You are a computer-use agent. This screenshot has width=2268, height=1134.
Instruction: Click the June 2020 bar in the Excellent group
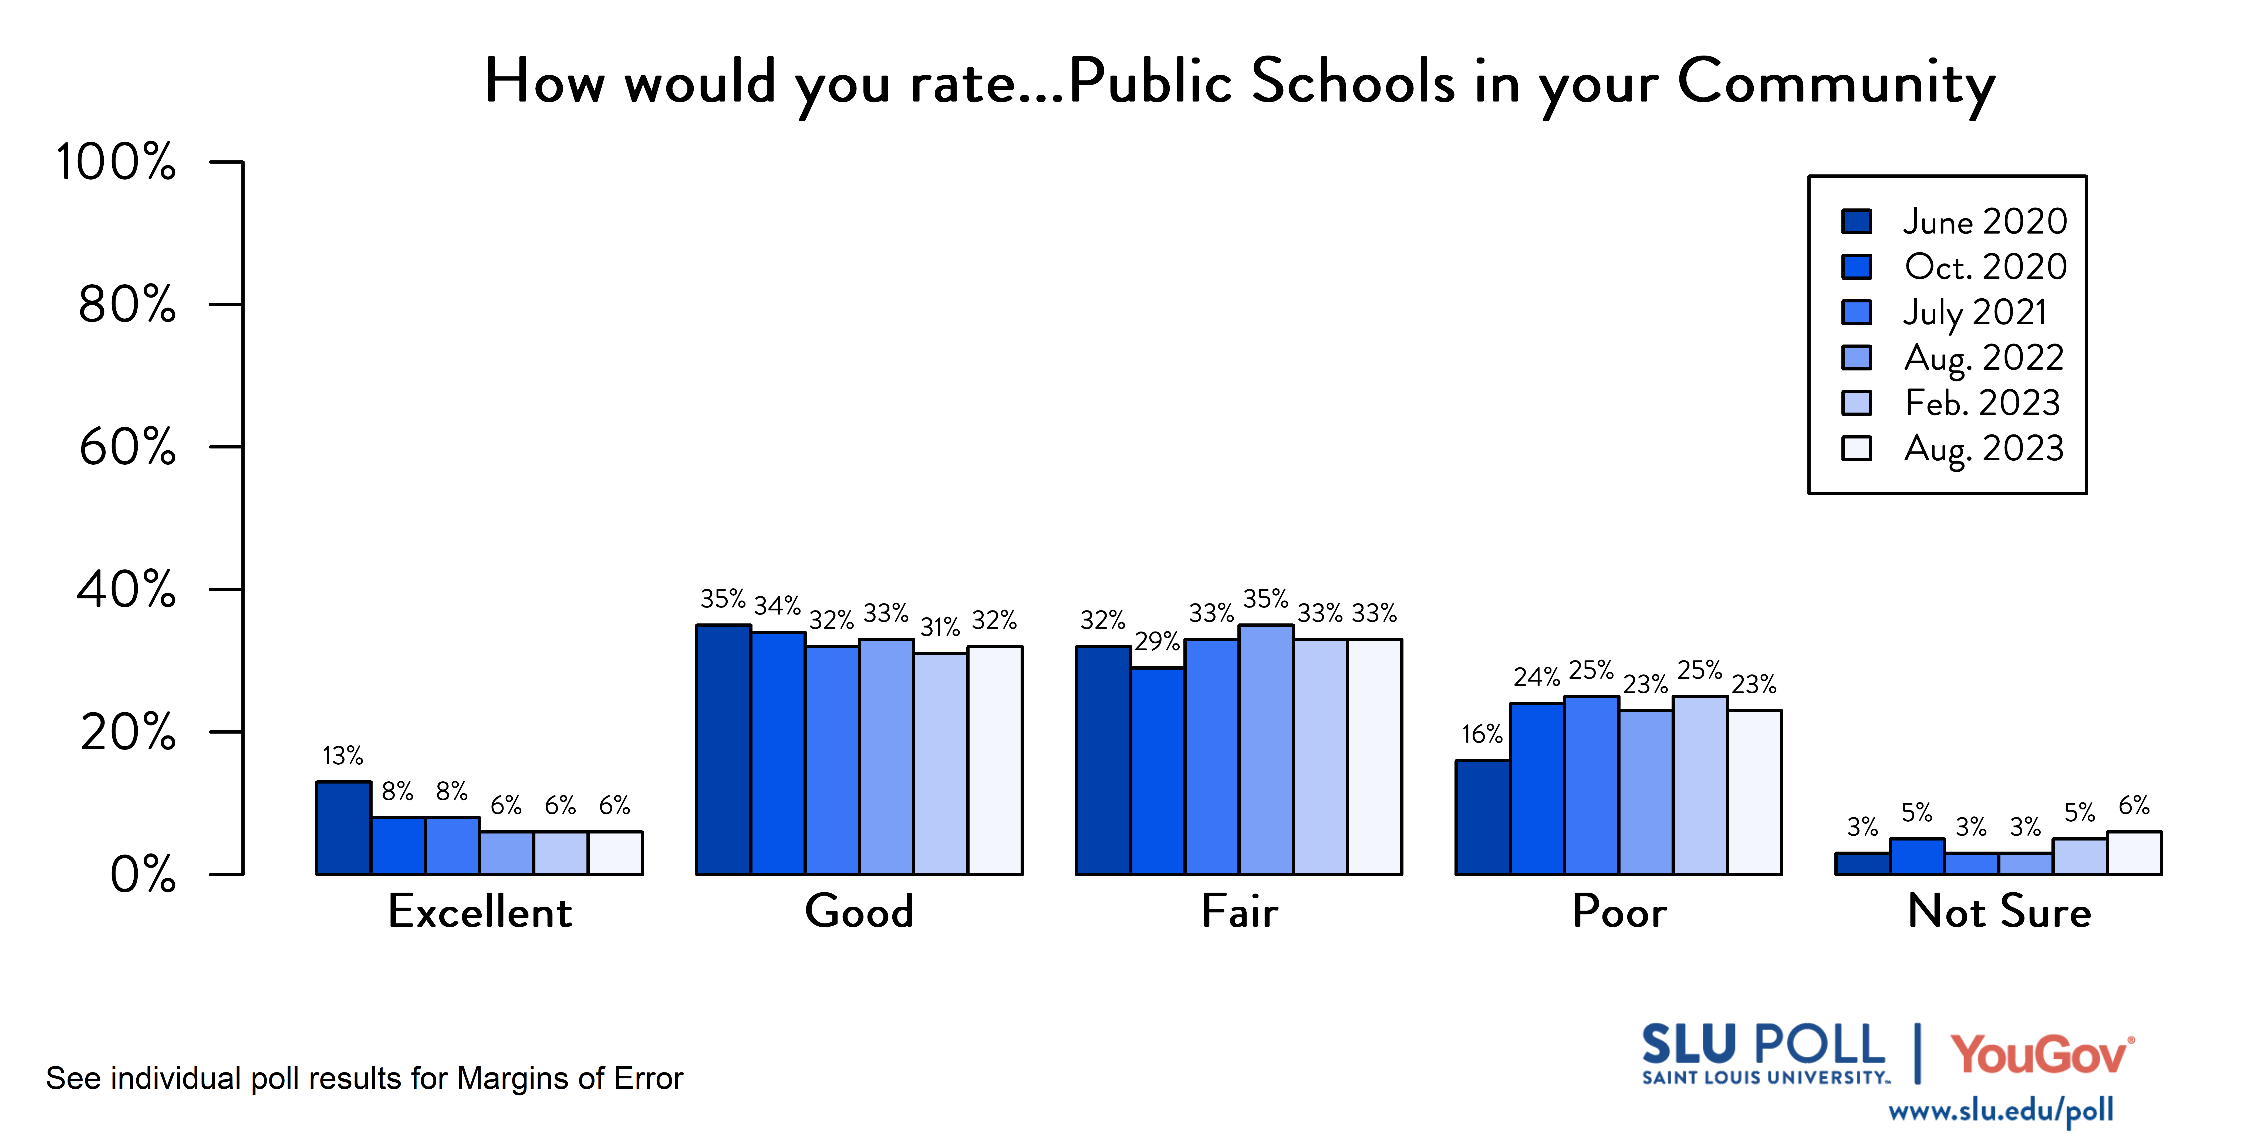click(343, 828)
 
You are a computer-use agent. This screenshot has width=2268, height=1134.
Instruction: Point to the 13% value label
click(342, 755)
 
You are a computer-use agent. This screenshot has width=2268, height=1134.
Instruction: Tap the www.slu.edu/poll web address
click(2000, 1110)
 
